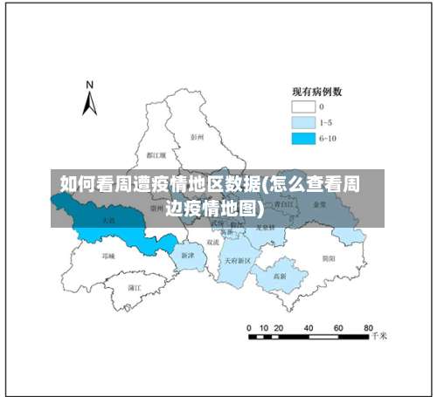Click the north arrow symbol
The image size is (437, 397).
89,103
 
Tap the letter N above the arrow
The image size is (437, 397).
89,85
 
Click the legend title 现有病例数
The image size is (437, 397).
316,91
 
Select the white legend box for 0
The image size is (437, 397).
302,106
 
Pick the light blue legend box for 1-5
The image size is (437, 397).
302,122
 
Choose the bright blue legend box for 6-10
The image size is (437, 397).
302,138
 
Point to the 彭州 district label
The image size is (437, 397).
197,137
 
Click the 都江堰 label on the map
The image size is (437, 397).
157,154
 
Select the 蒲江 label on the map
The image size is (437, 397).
135,286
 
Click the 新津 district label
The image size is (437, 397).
188,256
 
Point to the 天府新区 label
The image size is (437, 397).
237,260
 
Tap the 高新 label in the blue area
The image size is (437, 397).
280,276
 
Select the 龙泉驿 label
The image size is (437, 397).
267,228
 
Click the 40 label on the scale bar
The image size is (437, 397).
309,328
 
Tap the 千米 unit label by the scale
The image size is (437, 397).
378,335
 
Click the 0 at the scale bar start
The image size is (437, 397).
250,328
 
